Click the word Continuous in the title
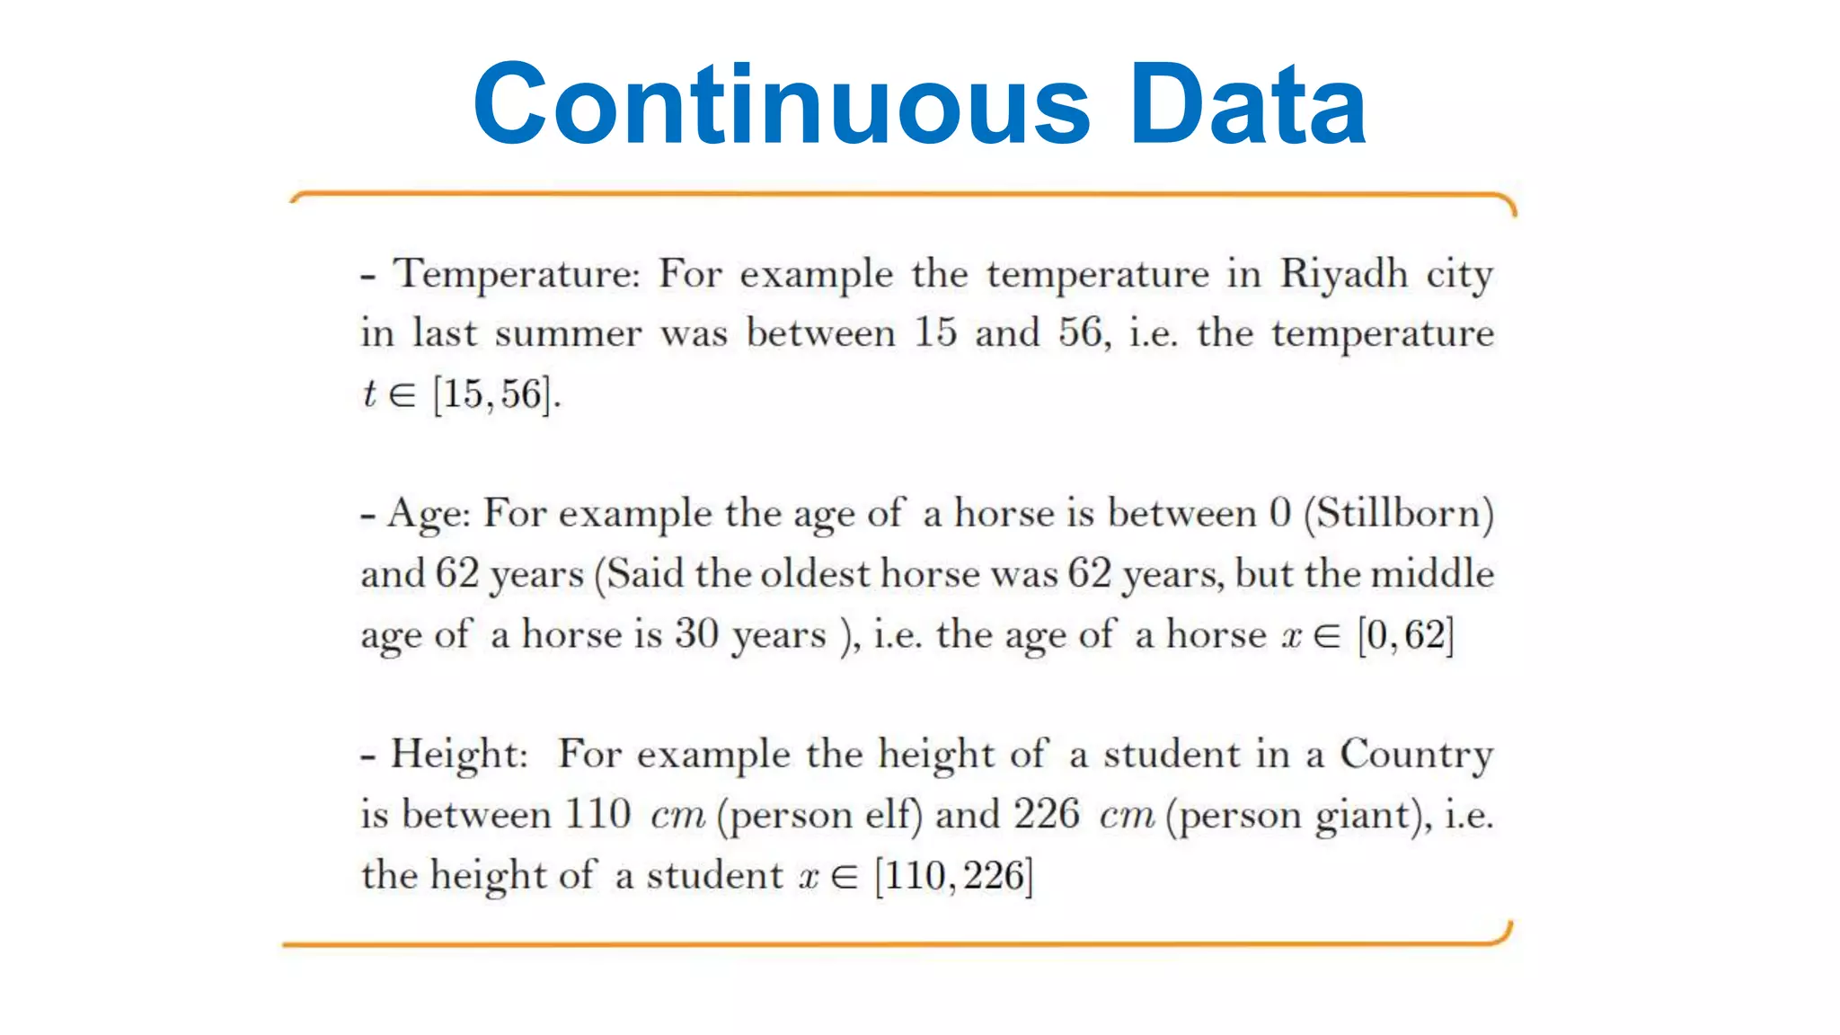tap(782, 104)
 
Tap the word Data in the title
tap(1248, 104)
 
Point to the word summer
tap(568, 334)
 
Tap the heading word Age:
tap(429, 515)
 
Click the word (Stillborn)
tap(1399, 515)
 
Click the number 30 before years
tap(696, 634)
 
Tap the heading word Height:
tap(459, 754)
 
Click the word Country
tap(1416, 755)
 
